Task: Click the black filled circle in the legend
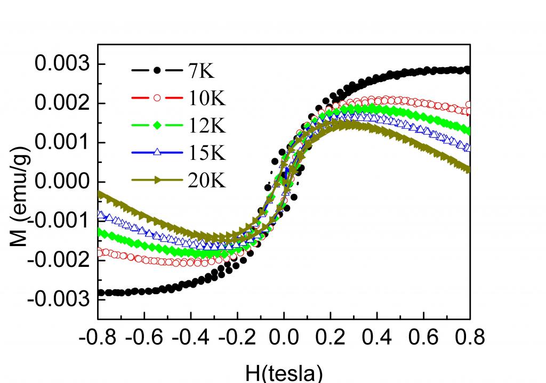(157, 70)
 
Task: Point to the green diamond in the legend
(157, 126)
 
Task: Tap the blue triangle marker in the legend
(157, 153)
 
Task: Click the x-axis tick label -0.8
(98, 338)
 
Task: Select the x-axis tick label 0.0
(284, 338)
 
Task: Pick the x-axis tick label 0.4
(377, 338)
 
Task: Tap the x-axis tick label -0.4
(191, 338)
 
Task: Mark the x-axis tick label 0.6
(423, 338)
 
